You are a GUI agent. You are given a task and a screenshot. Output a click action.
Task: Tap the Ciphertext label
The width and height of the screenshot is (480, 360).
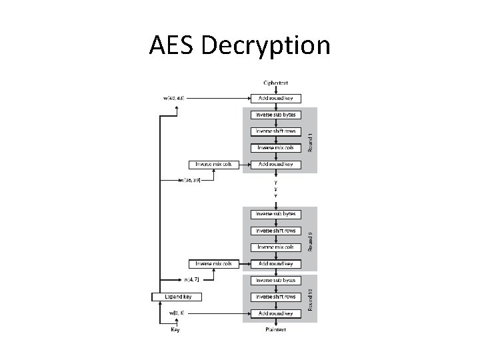[275, 82]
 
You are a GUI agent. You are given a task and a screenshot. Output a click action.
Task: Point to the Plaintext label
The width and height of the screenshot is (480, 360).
[275, 329]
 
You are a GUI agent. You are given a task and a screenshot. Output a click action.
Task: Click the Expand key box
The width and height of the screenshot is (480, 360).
[177, 296]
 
